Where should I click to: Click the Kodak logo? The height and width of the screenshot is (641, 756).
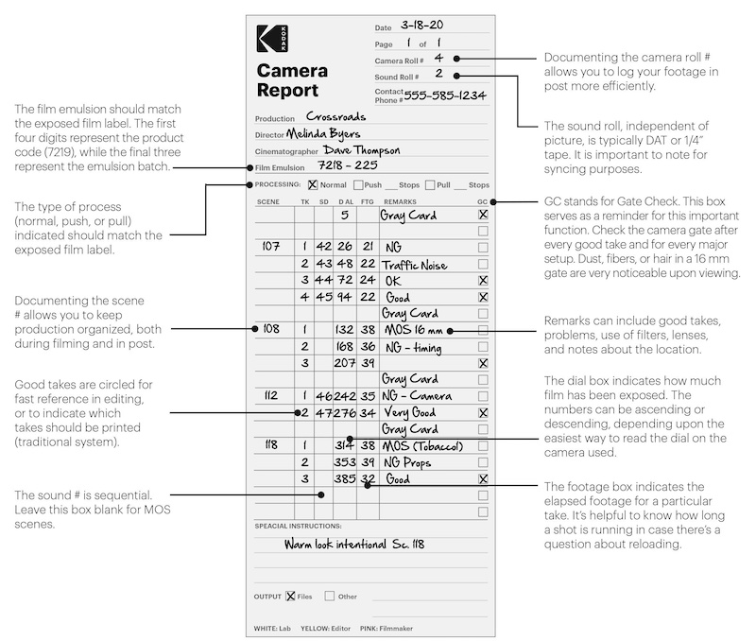(272, 39)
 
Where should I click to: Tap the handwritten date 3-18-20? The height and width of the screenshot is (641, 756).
(421, 26)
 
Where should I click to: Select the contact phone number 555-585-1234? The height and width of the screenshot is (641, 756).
(445, 95)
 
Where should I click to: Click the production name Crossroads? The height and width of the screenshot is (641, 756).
(336, 116)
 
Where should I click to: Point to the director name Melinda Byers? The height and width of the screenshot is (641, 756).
(323, 133)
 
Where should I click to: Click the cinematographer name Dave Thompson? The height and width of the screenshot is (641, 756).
(362, 150)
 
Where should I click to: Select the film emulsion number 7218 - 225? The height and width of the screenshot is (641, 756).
(348, 165)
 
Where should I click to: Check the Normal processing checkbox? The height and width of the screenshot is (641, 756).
(313, 184)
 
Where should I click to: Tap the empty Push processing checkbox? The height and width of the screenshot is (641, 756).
(358, 184)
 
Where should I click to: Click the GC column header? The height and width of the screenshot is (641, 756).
(482, 201)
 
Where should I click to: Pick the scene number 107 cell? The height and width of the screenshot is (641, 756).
(271, 247)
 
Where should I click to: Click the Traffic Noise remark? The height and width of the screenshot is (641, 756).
(414, 265)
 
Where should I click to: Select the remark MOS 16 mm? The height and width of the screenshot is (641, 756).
(413, 330)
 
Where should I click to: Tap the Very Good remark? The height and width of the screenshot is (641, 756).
(410, 412)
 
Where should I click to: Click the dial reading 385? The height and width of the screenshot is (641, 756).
(344, 478)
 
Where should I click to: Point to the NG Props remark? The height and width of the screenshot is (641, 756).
(407, 462)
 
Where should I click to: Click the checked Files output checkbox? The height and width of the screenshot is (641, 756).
(290, 597)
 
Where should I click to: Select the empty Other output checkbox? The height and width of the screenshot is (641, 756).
(329, 597)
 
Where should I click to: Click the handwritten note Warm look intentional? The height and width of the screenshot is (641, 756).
(335, 545)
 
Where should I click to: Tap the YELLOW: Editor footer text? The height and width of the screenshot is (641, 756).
(325, 629)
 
